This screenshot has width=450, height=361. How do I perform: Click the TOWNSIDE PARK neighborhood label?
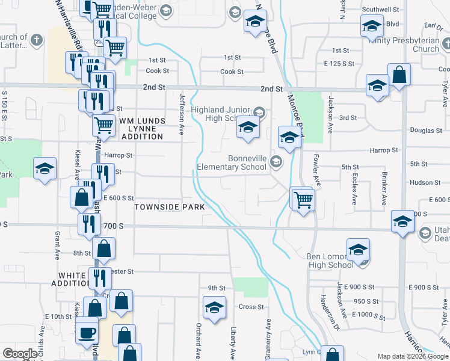(x=170, y=207)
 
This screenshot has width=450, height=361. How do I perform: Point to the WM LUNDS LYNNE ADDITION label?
(x=142, y=129)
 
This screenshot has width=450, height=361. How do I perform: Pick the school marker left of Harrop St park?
(x=45, y=169)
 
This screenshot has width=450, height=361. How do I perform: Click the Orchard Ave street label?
(x=197, y=340)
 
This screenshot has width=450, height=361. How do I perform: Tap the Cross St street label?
(x=247, y=306)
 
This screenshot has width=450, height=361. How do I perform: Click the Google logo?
(x=20, y=354)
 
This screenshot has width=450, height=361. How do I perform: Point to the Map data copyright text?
(x=412, y=356)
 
